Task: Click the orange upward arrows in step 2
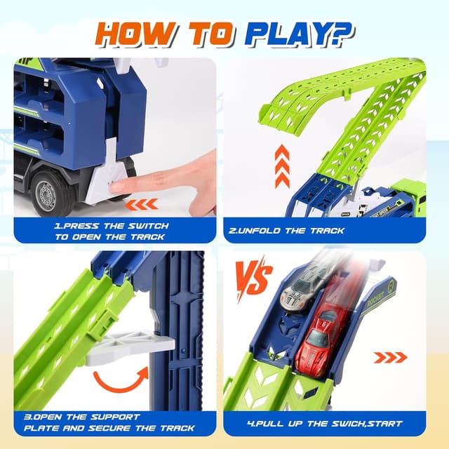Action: point(282,166)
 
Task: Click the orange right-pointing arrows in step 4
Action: point(390,358)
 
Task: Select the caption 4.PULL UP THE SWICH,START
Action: point(325,423)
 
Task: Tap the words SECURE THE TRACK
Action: point(147,428)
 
